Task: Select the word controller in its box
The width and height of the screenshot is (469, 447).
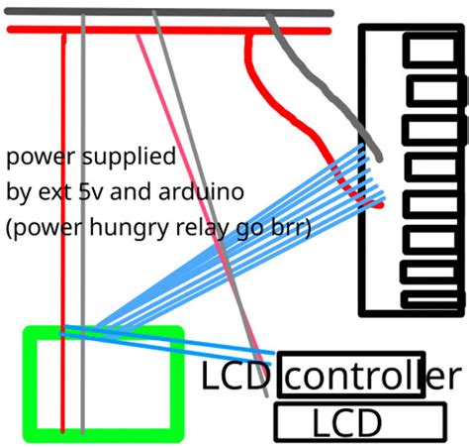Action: [353, 376]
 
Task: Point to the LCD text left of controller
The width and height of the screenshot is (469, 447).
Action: [237, 377]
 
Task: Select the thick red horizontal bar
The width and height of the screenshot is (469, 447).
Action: [148, 30]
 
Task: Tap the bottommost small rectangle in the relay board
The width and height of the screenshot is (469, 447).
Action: [433, 295]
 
